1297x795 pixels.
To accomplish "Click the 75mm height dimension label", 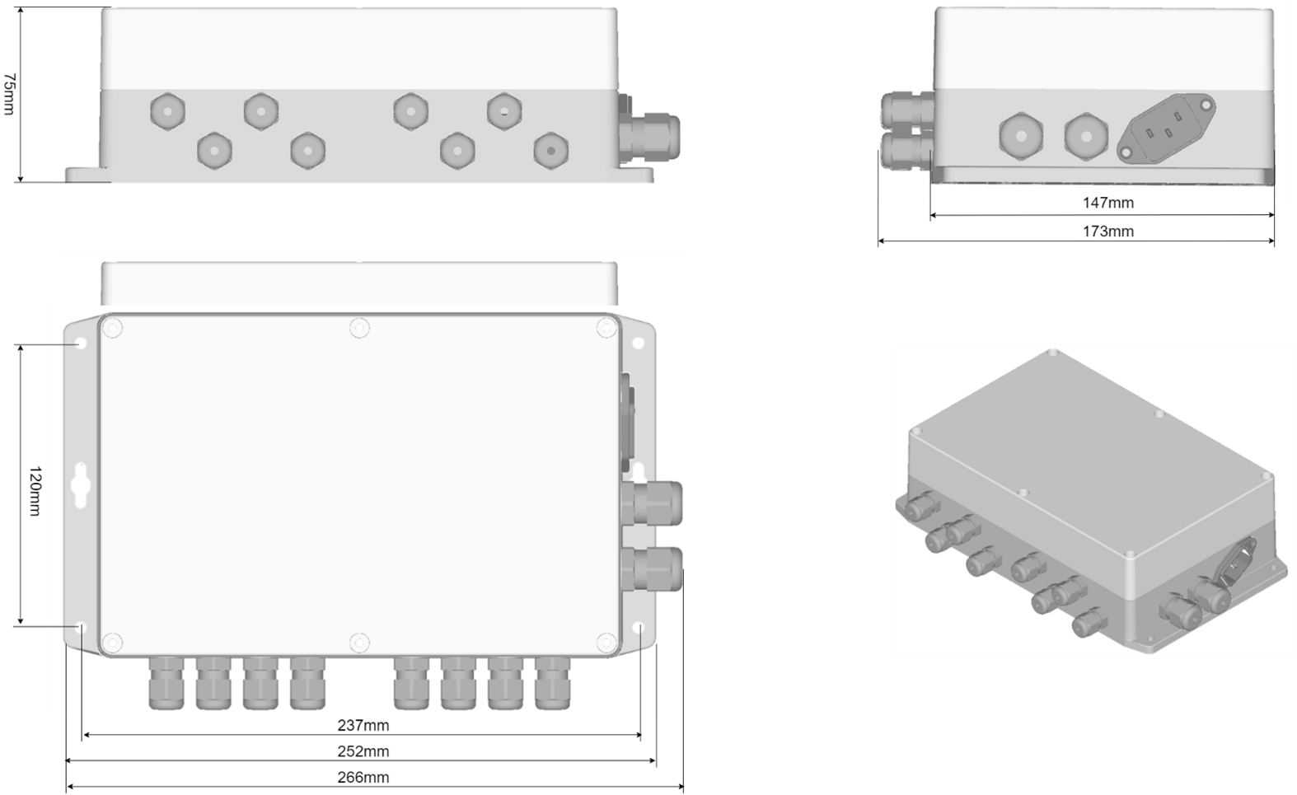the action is (9, 94).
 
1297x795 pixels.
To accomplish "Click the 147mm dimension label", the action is (1108, 203).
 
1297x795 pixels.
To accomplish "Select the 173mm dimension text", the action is (1108, 231).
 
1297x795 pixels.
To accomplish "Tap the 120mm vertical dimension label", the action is (35, 490).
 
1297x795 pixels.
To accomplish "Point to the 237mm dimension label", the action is (363, 725).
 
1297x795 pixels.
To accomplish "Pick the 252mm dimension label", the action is (363, 751).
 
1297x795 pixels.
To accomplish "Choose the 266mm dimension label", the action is (363, 777).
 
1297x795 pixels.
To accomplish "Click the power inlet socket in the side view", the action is (1166, 129).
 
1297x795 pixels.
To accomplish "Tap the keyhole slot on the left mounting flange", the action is (81, 485).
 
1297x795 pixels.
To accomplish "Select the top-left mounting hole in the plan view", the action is (81, 344).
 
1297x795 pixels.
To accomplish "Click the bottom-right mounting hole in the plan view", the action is (639, 628).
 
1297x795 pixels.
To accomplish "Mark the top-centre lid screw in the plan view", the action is (359, 328).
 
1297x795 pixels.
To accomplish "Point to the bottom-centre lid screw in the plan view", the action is (359, 643).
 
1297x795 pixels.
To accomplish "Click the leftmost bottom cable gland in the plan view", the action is (166, 683).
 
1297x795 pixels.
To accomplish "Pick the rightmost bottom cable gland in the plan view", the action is (552, 683).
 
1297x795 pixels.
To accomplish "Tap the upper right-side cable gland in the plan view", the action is (652, 503).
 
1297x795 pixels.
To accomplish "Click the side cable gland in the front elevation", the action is (649, 138).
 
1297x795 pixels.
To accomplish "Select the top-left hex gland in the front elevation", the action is (167, 111).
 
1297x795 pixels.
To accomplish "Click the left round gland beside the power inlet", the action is (1022, 137).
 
